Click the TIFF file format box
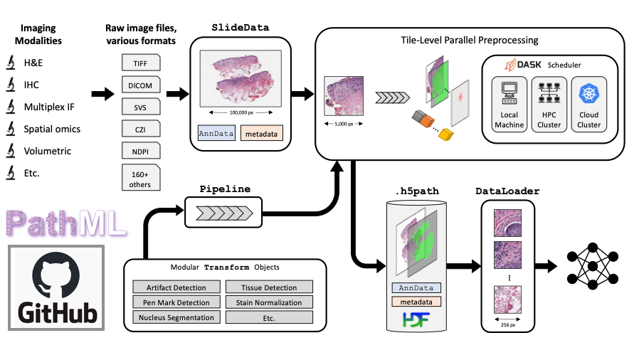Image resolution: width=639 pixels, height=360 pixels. tap(141, 63)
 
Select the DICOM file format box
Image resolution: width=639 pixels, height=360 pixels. tap(141, 85)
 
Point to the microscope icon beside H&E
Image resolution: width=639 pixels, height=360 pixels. tap(11, 63)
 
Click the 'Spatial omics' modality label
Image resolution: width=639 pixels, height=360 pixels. tap(52, 129)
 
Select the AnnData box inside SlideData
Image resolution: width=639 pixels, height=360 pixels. tap(216, 132)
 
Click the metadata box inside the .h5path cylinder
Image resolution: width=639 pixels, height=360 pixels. tap(416, 302)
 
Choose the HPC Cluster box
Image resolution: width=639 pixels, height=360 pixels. tap(549, 104)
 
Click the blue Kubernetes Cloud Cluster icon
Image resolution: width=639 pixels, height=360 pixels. tap(588, 94)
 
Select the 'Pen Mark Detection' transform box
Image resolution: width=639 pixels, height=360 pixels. tap(176, 302)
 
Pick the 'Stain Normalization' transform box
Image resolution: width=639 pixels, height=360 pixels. tap(268, 302)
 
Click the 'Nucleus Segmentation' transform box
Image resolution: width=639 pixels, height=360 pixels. tap(176, 317)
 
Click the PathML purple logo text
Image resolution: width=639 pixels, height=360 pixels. tap(65, 222)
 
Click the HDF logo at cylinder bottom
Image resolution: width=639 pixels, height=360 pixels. tap(415, 322)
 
